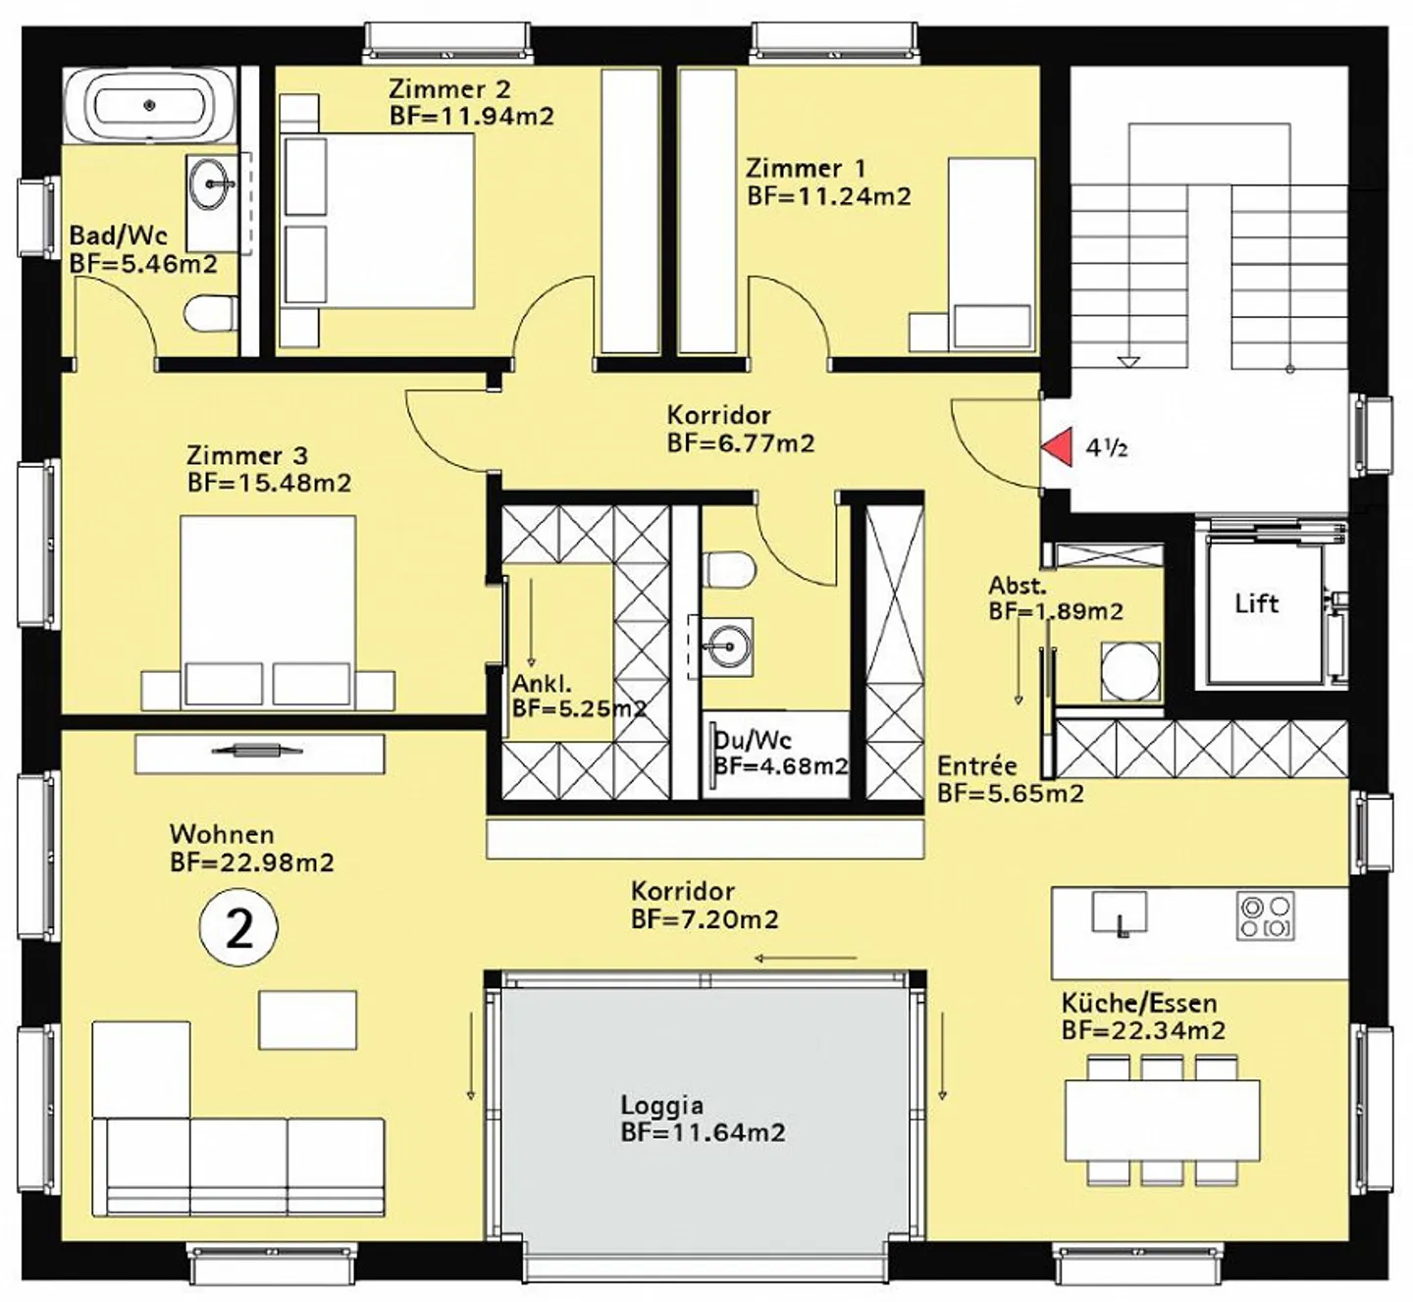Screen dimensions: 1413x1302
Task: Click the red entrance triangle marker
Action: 1059,446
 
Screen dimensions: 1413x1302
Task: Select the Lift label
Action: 1257,603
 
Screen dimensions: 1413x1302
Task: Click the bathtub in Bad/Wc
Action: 149,106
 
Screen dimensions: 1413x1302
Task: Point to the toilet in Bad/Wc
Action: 211,313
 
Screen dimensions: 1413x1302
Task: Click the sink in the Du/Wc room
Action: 726,646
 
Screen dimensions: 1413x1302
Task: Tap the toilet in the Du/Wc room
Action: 729,569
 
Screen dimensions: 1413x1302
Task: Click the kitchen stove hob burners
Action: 1265,915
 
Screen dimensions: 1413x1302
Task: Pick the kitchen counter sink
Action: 1120,912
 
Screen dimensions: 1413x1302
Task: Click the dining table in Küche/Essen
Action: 1162,1120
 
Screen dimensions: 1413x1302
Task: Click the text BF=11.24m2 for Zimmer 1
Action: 829,196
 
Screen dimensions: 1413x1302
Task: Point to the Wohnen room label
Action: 222,833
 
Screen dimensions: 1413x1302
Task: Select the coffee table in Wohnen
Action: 307,1020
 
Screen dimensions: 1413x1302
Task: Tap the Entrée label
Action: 977,765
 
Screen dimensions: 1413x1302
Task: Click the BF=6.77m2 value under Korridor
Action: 740,443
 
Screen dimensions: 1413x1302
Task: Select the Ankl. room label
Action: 542,684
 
